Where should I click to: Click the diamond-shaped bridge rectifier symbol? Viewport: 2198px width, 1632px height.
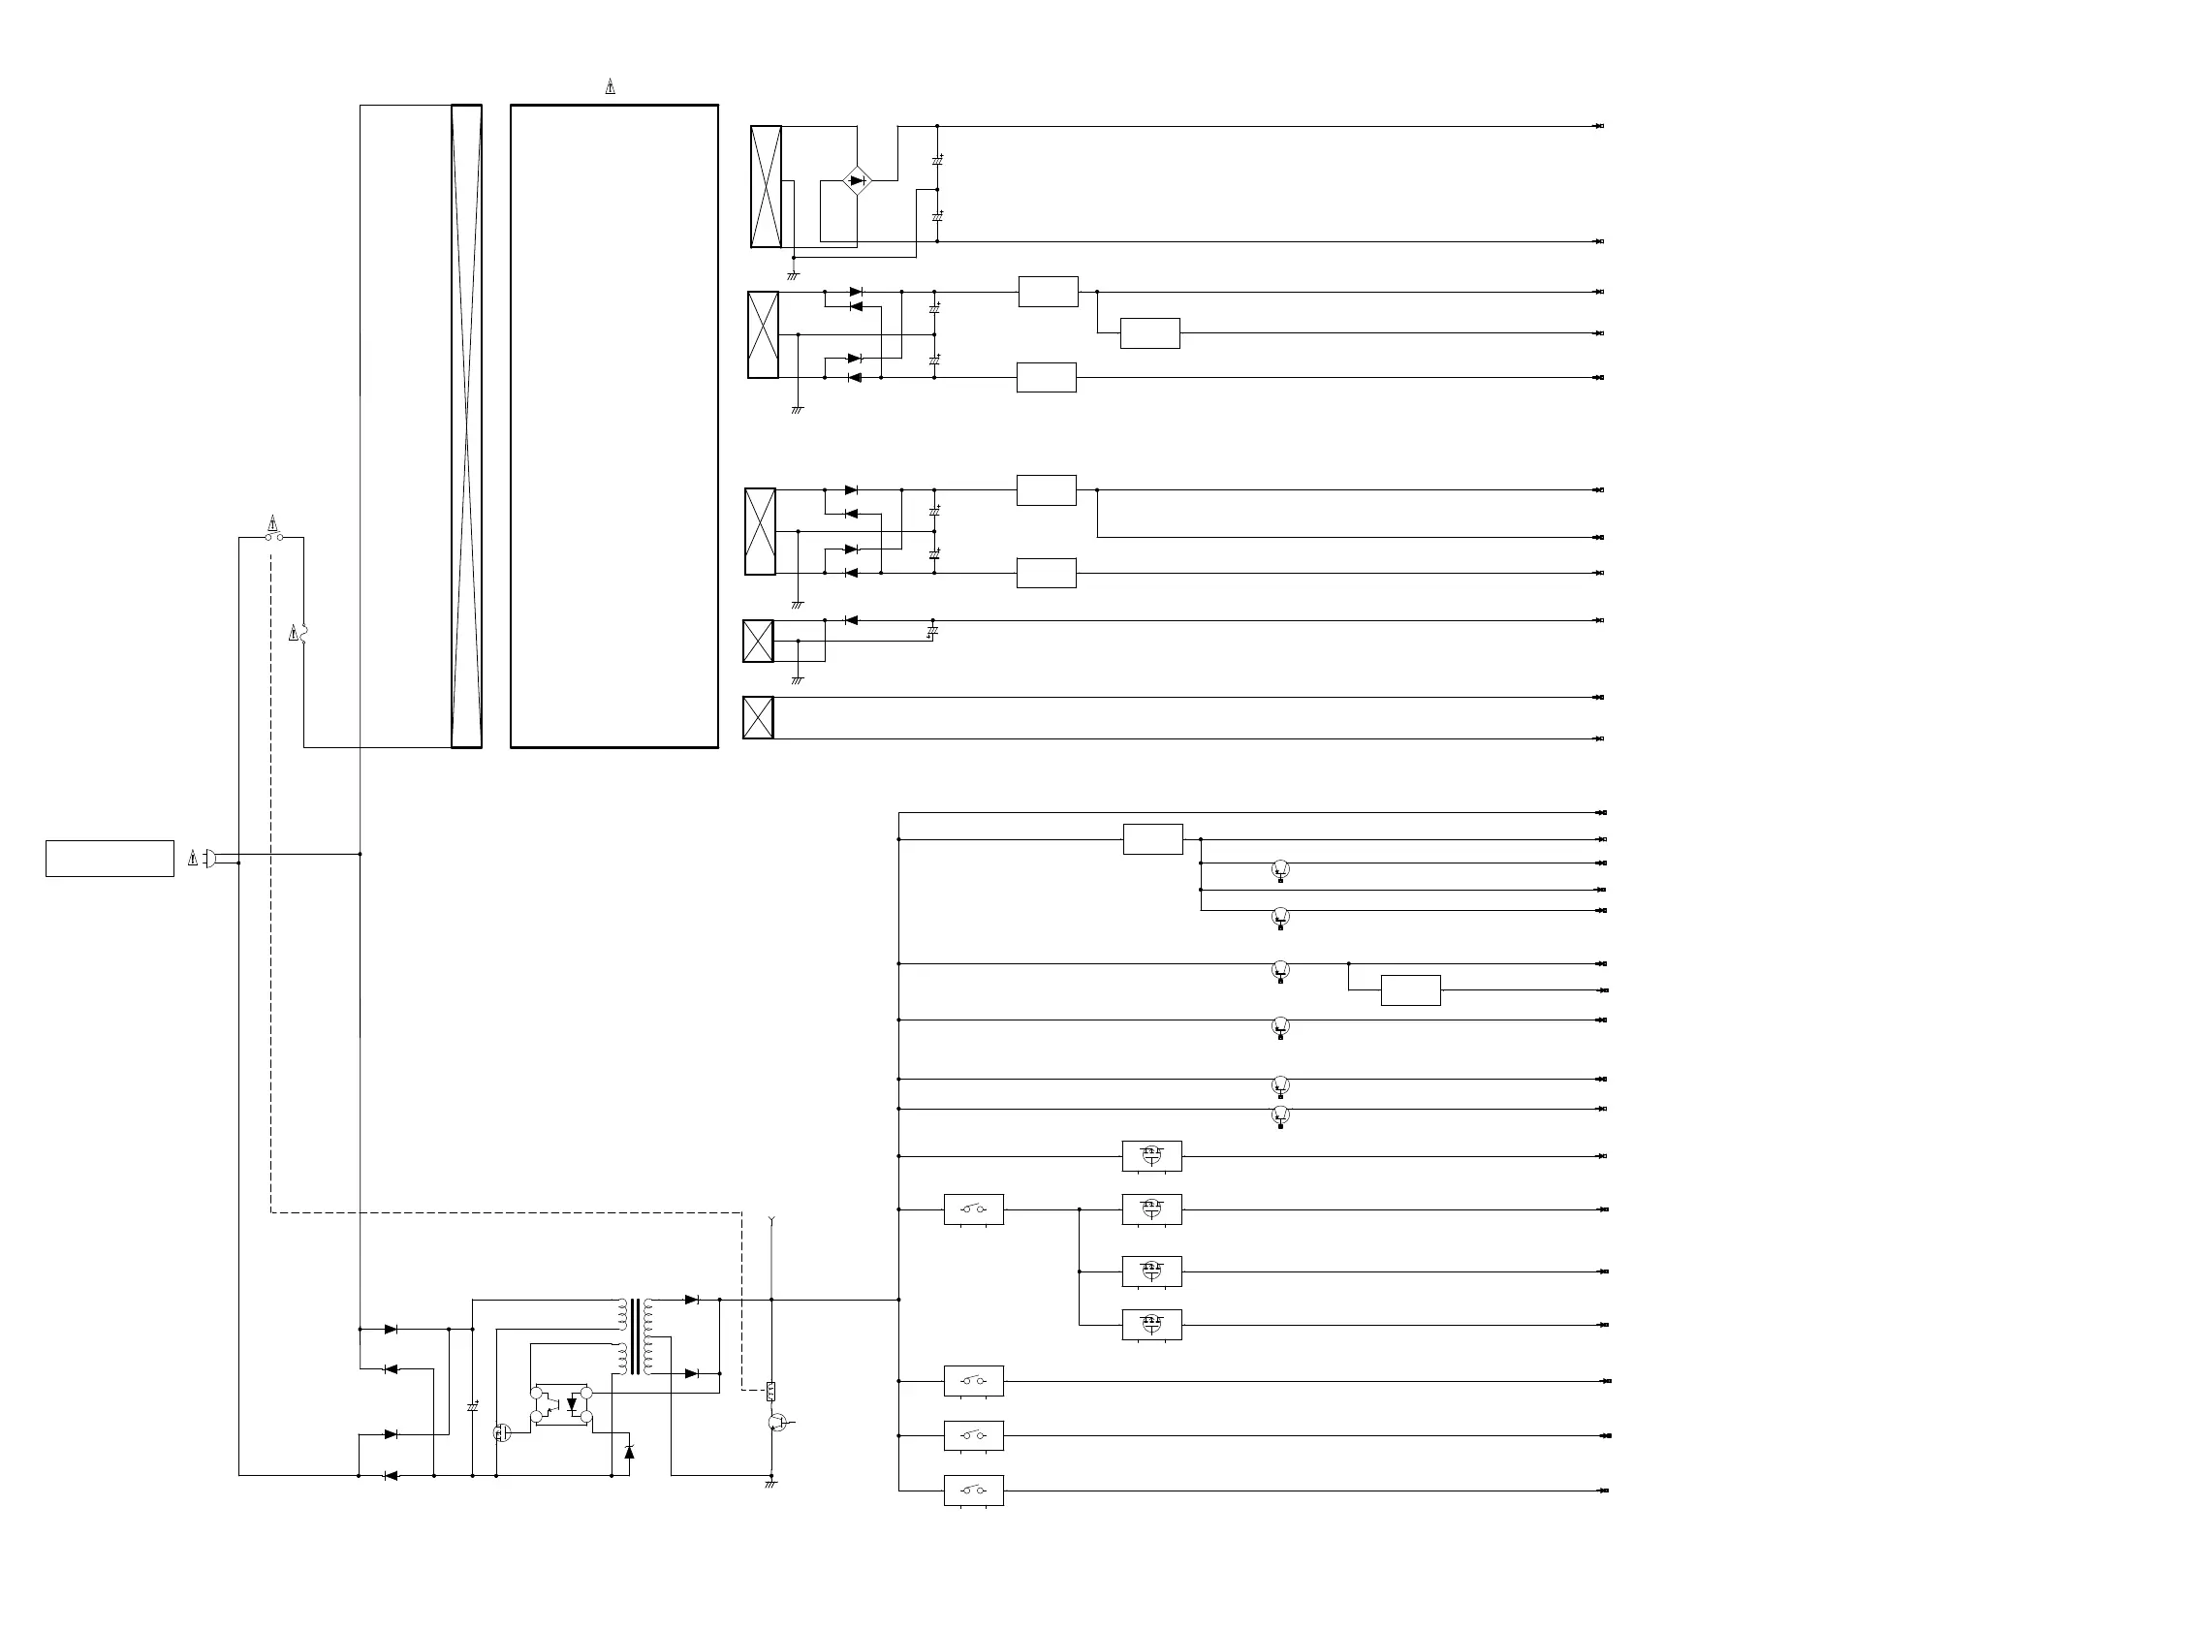point(857,181)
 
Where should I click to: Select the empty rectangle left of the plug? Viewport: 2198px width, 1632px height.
point(110,859)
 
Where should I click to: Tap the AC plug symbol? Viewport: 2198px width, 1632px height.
point(210,859)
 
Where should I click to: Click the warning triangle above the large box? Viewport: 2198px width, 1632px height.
point(611,87)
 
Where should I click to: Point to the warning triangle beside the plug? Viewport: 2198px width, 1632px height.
point(193,859)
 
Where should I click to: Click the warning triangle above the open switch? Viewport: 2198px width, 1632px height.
point(273,522)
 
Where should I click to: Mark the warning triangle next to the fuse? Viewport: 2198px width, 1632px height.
point(294,633)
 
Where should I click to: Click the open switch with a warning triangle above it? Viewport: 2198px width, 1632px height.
point(273,538)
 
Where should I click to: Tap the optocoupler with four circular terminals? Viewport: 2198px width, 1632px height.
point(561,1405)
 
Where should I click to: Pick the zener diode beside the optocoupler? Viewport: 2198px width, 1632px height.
point(629,1452)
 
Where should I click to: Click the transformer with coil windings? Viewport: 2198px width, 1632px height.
point(634,1336)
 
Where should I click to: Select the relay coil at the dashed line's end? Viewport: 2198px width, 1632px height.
point(770,1392)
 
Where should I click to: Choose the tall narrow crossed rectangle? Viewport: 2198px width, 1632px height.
point(466,425)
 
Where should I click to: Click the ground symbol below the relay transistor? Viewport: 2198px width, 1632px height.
point(770,1484)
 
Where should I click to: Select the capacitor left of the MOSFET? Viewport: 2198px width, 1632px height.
point(472,1406)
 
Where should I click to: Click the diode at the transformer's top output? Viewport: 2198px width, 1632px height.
point(692,1300)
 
